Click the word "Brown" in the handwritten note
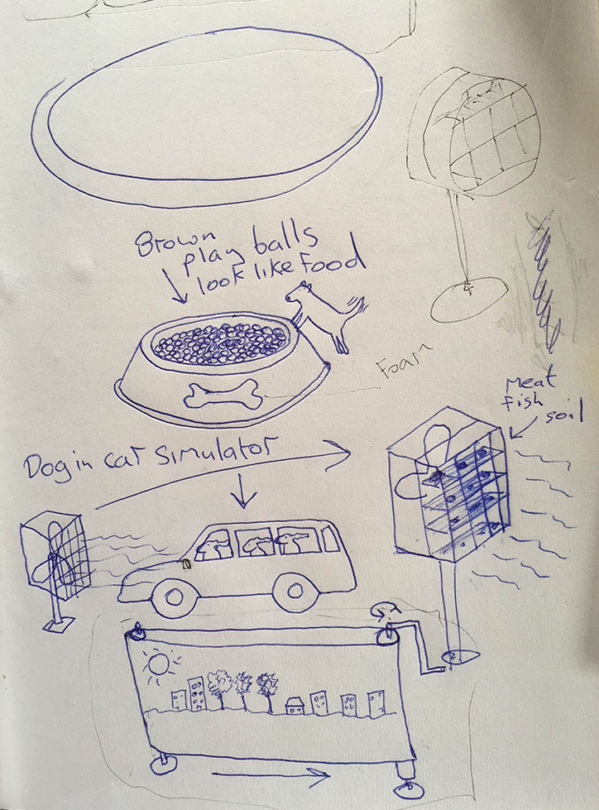(175, 242)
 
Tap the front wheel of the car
(174, 598)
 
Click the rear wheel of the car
(296, 591)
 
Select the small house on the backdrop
(295, 706)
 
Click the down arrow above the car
(243, 491)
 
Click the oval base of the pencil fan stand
(469, 300)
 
